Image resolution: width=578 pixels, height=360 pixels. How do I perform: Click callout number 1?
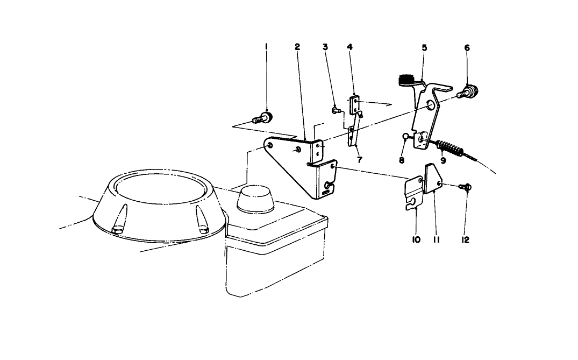(x=266, y=47)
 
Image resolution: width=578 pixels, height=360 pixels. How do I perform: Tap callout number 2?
(x=297, y=47)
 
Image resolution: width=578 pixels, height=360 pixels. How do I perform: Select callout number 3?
(x=325, y=47)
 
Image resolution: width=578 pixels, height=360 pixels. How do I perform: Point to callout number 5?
(x=424, y=47)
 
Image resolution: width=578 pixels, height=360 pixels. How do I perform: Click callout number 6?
(x=467, y=47)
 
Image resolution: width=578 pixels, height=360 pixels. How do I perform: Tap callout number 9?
(x=443, y=160)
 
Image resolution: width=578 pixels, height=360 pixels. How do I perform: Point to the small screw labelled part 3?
(x=336, y=110)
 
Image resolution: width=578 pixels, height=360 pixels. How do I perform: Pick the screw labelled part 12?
(x=466, y=187)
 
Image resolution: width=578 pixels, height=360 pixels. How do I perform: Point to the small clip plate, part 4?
(x=355, y=105)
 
